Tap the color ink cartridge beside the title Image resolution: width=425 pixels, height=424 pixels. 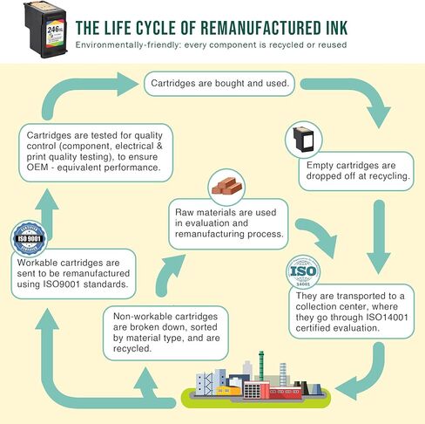tap(45, 30)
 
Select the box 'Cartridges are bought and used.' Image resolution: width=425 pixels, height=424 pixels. tap(219, 84)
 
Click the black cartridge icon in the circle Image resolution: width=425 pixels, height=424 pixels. tap(303, 140)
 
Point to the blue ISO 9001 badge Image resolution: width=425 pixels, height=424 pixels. tap(30, 239)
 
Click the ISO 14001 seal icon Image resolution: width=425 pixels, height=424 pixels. tap(303, 272)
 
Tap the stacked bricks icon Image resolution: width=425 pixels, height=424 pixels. tap(226, 186)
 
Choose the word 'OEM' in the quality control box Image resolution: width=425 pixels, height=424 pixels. tap(36, 168)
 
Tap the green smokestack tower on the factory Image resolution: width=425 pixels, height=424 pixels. tap(261, 366)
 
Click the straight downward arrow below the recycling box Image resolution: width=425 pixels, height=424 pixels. tap(379, 236)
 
